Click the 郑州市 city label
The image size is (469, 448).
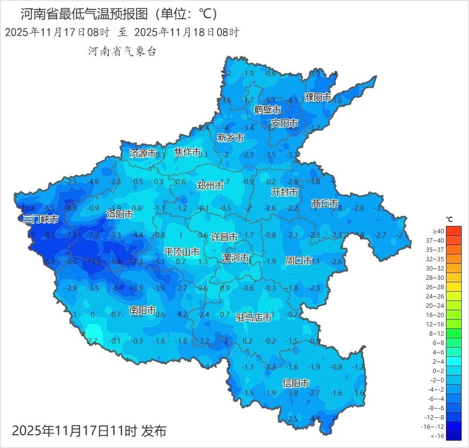[x=210, y=186]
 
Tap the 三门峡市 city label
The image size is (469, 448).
[x=41, y=219]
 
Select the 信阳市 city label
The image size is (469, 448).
[x=296, y=383]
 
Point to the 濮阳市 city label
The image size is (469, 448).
[x=318, y=97]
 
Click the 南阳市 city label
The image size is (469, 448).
[x=143, y=310]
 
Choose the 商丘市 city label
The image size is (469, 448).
[x=325, y=203]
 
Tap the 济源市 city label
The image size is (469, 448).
[x=143, y=153]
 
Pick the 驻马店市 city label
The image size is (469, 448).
[x=254, y=318]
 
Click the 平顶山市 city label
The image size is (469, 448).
[x=182, y=252]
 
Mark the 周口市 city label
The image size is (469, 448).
[x=299, y=261]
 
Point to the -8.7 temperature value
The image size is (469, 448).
[x=49, y=236]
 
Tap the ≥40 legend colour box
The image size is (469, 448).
[x=454, y=231]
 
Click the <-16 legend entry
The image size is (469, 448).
[x=454, y=436]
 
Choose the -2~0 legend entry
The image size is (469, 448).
[x=454, y=380]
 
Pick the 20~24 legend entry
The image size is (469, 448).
[x=454, y=305]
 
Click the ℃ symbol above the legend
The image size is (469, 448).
[x=449, y=219]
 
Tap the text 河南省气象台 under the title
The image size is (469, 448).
[x=122, y=51]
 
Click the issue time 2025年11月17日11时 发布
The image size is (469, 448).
[x=89, y=431]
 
